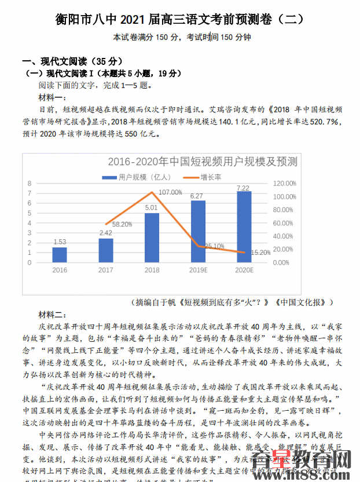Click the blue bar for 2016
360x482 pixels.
[x=60, y=255]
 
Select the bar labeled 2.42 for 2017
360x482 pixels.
[x=106, y=250]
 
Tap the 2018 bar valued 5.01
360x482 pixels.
[x=152, y=238]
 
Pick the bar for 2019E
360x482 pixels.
[x=198, y=231]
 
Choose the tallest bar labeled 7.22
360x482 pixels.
[x=244, y=227]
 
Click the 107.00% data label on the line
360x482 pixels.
[x=170, y=192]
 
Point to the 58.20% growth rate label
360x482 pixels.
[x=122, y=224]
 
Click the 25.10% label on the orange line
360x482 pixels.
[x=215, y=246]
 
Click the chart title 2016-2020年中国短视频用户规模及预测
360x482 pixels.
[x=203, y=161]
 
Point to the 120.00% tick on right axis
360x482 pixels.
[x=284, y=183]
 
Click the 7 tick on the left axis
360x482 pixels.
[x=30, y=184]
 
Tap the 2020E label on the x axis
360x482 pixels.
[x=244, y=270]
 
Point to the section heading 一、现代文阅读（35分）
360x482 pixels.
[x=64, y=61]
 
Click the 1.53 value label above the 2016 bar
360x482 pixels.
[x=60, y=242]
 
